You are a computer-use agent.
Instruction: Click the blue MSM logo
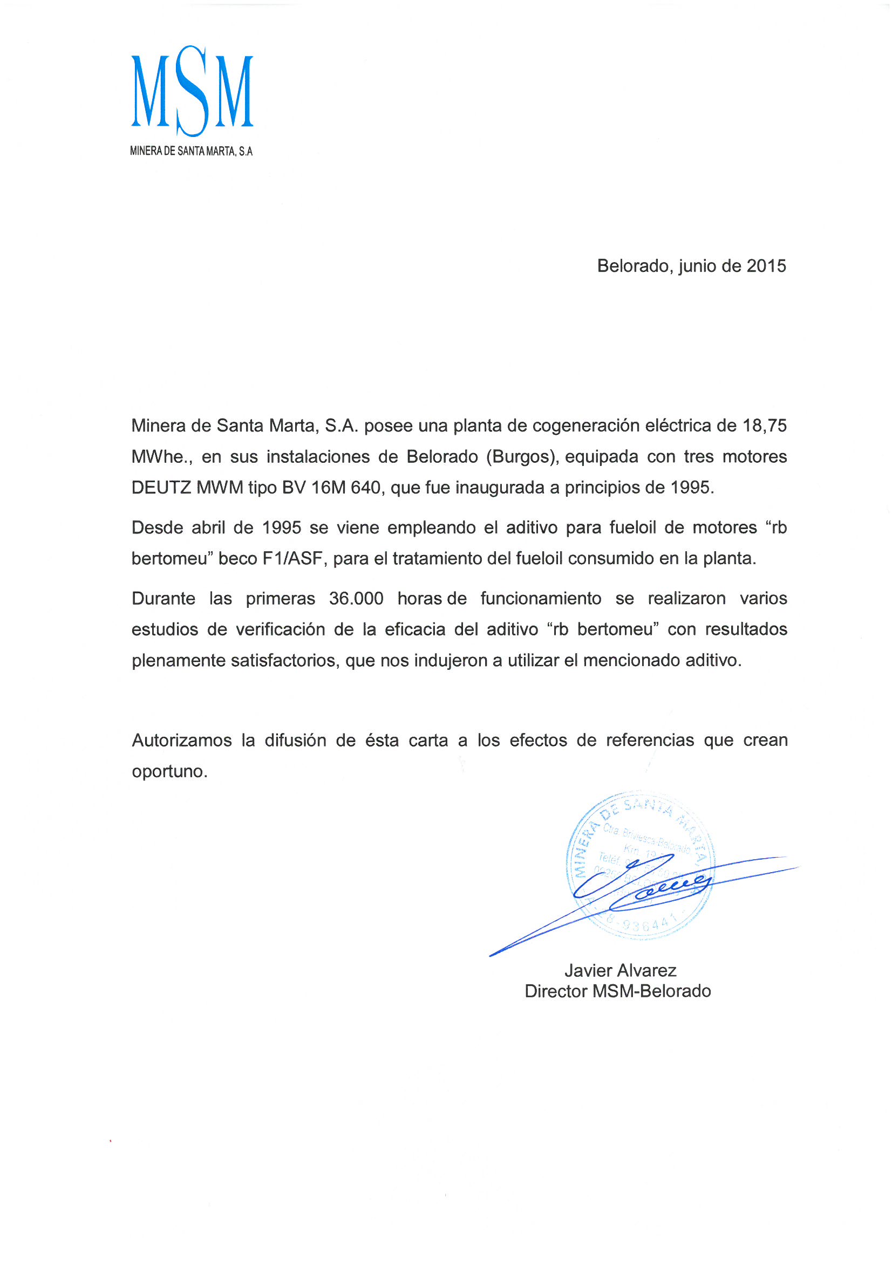(192, 91)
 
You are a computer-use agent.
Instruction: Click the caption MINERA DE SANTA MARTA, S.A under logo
(191, 151)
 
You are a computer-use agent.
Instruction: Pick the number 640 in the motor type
(365, 487)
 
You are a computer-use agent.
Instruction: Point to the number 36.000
(356, 598)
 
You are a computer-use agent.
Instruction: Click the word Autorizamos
(181, 740)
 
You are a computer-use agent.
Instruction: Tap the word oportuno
(169, 771)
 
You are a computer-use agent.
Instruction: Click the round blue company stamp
(641, 867)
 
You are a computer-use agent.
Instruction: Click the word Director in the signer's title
(556, 991)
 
